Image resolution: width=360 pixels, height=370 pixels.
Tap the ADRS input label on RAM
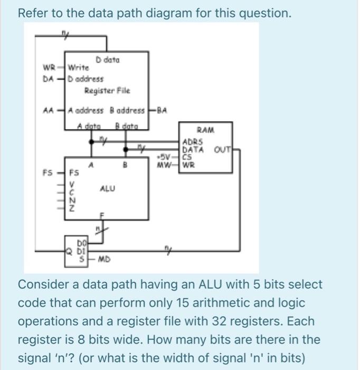coord(191,141)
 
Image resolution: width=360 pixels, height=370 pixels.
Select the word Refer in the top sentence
coord(32,13)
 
